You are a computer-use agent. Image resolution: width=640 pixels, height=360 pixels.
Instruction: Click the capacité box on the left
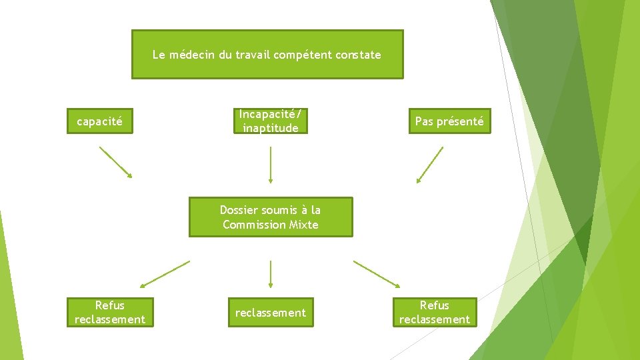[x=100, y=121]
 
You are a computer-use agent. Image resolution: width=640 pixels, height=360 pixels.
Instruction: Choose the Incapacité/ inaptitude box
[x=271, y=121]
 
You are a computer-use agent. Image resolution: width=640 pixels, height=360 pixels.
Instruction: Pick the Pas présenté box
[x=449, y=121]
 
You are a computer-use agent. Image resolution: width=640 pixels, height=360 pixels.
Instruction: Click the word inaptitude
[x=271, y=128]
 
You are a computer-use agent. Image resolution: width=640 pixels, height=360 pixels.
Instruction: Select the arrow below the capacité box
[x=116, y=162]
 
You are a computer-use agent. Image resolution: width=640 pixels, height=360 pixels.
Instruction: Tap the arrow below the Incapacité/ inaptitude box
[x=270, y=165]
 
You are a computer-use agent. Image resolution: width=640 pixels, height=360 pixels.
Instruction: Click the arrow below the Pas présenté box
[x=430, y=165]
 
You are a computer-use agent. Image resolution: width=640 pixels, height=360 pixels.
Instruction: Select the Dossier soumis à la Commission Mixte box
[x=270, y=217]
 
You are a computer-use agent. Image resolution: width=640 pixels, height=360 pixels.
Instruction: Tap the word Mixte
[x=304, y=225]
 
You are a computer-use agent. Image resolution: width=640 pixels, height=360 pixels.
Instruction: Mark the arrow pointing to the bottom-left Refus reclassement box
[x=165, y=273]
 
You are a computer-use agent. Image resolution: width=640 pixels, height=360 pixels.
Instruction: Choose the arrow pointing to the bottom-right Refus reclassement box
[x=377, y=273]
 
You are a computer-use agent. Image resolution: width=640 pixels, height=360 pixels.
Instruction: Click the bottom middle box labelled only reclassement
[x=271, y=313]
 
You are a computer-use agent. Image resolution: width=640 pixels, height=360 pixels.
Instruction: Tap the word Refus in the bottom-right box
[x=434, y=305]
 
